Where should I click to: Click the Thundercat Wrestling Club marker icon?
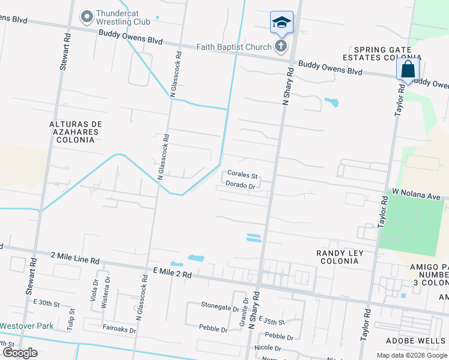(88, 16)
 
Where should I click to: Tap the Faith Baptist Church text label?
(235, 46)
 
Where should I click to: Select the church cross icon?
(280, 46)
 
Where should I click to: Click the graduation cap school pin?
(282, 22)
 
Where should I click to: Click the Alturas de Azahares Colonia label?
(76, 131)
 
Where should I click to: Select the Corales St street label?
(241, 176)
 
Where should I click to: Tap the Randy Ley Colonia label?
(340, 257)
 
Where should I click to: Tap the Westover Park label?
(26, 326)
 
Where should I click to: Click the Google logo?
(20, 353)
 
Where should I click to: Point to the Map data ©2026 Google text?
(411, 355)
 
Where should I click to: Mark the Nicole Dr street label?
(267, 348)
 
